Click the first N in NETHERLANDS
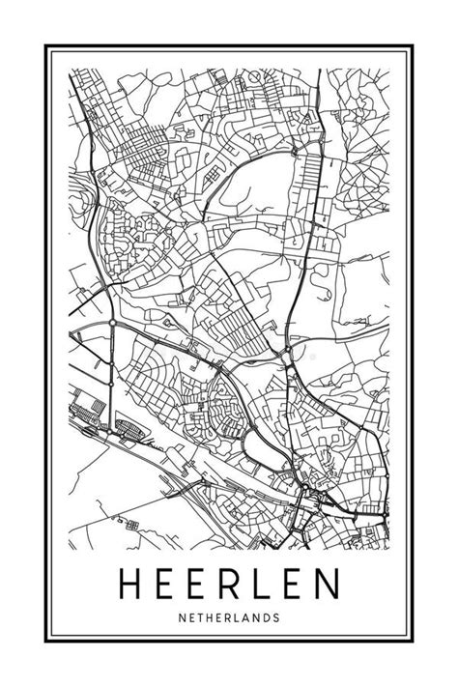point(183,615)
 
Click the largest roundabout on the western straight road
point(113,323)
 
